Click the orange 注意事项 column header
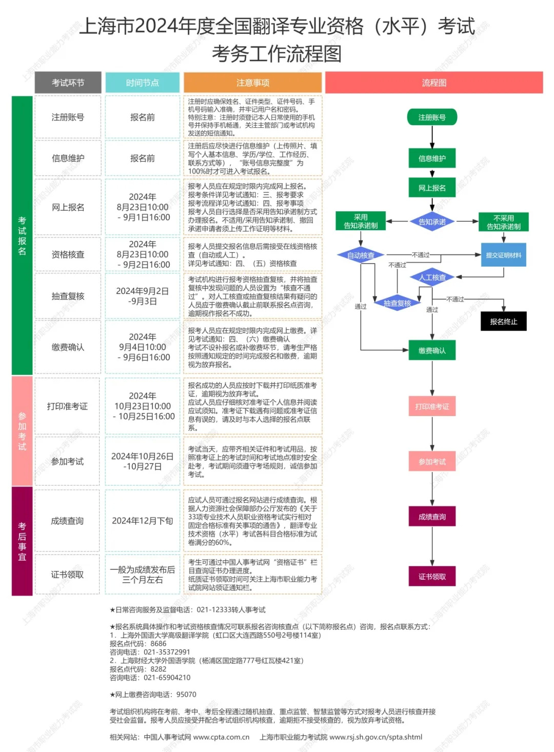(252, 83)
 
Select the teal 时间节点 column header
(142, 83)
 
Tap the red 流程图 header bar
(434, 83)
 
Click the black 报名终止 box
(503, 322)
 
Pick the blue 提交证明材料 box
(503, 255)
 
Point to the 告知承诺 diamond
(432, 222)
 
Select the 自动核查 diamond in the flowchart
(361, 255)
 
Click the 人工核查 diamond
(432, 278)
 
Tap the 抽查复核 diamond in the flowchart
(397, 303)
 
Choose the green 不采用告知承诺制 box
(503, 222)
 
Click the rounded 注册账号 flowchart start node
(432, 117)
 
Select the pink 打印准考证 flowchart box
(432, 406)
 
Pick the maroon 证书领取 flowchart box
(432, 577)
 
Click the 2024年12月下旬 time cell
(142, 521)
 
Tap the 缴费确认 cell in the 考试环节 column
(68, 347)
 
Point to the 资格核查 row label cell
(68, 254)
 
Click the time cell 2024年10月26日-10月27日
(142, 461)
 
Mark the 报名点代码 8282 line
(138, 669)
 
